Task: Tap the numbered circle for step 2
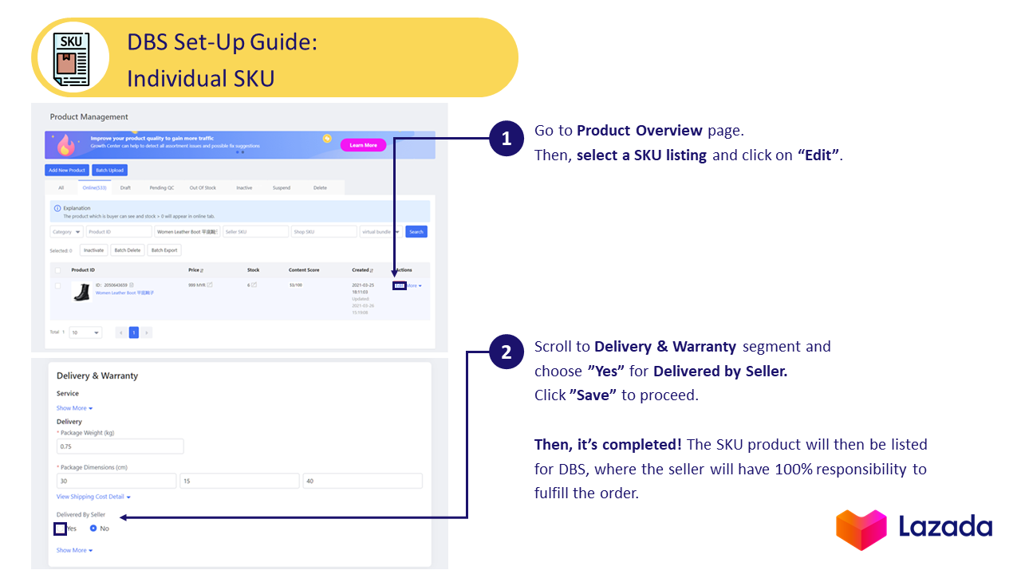tap(507, 352)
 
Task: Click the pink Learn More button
tap(363, 145)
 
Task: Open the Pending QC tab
tap(161, 188)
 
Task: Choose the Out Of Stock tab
tap(203, 188)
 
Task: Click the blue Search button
tap(416, 232)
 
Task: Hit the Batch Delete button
tap(127, 250)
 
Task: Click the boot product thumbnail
tap(81, 293)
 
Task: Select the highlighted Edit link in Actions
tap(400, 285)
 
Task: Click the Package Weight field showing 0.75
tap(120, 446)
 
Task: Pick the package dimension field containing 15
tap(239, 481)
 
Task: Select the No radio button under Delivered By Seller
tap(93, 529)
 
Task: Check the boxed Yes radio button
tap(61, 529)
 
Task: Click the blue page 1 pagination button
tap(134, 332)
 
